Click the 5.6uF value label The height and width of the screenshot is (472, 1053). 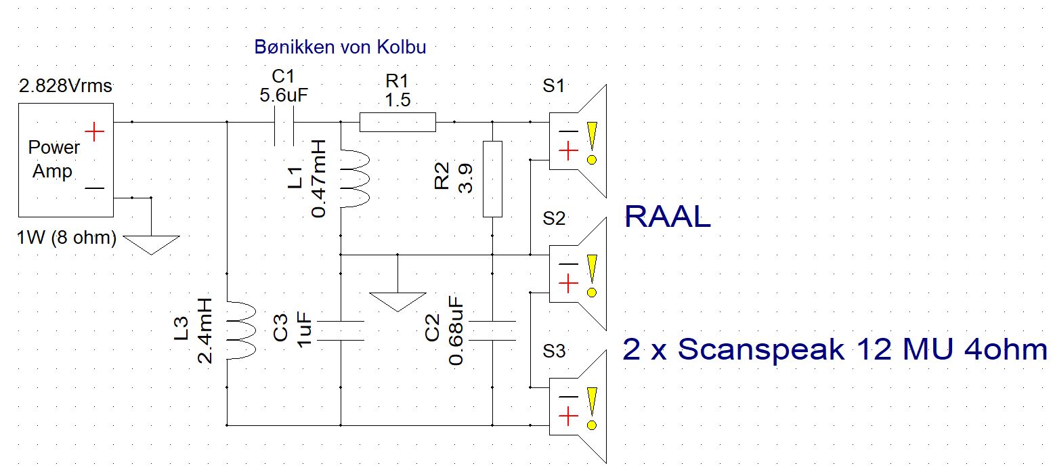[284, 95]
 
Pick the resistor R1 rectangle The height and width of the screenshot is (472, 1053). [397, 123]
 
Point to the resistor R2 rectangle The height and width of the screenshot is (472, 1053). [492, 179]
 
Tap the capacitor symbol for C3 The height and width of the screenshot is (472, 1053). [341, 330]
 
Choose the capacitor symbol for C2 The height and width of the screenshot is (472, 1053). [492, 330]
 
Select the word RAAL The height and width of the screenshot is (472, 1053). [667, 216]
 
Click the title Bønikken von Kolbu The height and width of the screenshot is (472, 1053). [341, 47]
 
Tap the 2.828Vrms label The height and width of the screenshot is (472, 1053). [65, 87]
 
